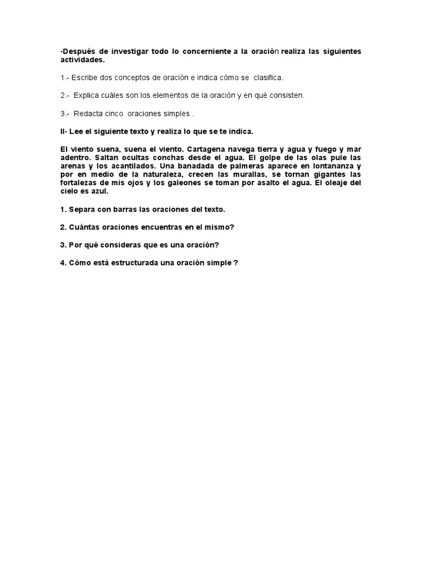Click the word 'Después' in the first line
[x=80, y=51]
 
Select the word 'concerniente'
[x=205, y=51]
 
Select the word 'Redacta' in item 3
[x=90, y=114]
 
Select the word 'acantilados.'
[x=131, y=165]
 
